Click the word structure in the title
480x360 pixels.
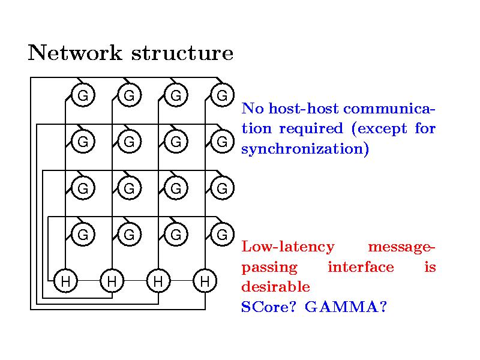pyautogui.click(x=182, y=53)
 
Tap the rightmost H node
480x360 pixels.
pyautogui.click(x=205, y=280)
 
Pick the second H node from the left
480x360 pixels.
pyautogui.click(x=112, y=280)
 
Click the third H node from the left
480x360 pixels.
pyautogui.click(x=158, y=280)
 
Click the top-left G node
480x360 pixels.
pyautogui.click(x=83, y=95)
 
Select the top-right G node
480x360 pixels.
pyautogui.click(x=222, y=95)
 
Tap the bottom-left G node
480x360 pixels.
pyautogui.click(x=83, y=235)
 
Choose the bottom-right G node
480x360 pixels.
pyautogui.click(x=222, y=235)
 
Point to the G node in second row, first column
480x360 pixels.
pyautogui.click(x=83, y=142)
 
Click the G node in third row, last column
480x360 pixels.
pyautogui.click(x=222, y=188)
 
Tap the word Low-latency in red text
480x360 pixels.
pyautogui.click(x=287, y=247)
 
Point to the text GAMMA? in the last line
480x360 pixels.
pyautogui.click(x=346, y=307)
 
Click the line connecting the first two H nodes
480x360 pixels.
pyautogui.click(x=89, y=280)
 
